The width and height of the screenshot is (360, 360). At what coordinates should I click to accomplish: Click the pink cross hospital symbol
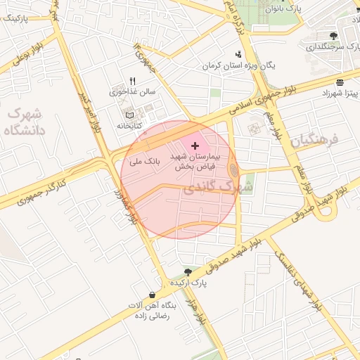[x=195, y=145]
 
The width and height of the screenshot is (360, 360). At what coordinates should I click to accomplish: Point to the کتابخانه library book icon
[x=128, y=115]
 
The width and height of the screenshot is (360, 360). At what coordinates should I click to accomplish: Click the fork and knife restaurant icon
[x=132, y=81]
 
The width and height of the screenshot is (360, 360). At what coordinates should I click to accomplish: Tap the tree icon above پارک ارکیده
[x=188, y=271]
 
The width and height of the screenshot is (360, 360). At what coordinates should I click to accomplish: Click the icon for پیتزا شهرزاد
[x=340, y=82]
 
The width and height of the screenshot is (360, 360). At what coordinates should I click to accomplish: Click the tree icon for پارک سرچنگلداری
[x=333, y=36]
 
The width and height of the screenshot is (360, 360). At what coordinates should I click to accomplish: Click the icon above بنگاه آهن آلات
[x=152, y=295]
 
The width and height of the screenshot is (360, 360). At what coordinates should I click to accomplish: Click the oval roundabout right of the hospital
[x=233, y=171]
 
